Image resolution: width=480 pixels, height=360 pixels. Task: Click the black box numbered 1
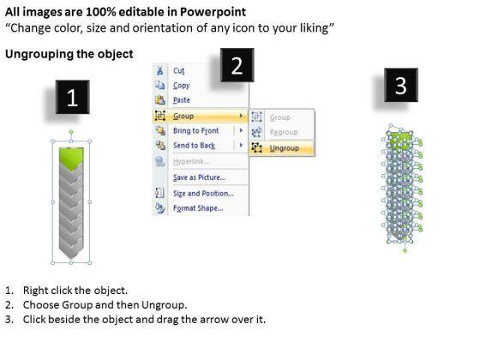(73, 97)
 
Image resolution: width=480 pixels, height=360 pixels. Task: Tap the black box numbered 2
(237, 65)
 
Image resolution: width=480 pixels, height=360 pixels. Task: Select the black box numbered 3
(401, 85)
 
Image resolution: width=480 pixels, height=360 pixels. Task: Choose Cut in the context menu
(179, 70)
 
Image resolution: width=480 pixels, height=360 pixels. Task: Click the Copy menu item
(181, 86)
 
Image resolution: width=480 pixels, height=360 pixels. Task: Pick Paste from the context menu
(182, 100)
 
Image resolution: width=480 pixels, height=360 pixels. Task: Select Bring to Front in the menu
(196, 130)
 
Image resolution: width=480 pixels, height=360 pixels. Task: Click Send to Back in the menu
(194, 146)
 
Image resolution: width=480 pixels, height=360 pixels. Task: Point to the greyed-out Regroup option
(284, 132)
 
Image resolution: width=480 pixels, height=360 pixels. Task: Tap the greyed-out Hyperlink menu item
(191, 161)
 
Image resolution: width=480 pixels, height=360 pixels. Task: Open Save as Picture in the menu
(199, 177)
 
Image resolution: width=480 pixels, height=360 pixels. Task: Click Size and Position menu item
(203, 194)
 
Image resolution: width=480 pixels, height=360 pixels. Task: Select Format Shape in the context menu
(198, 208)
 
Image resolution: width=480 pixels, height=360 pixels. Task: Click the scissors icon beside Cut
(159, 70)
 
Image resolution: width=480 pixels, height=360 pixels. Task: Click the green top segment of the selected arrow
(71, 156)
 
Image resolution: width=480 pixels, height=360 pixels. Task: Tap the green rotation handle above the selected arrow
(71, 132)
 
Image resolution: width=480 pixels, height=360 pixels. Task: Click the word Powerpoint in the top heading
(213, 12)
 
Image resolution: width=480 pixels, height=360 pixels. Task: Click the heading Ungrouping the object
(69, 54)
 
